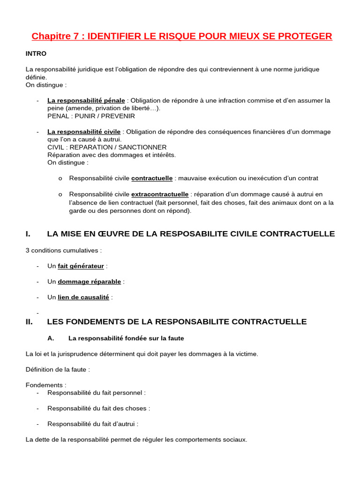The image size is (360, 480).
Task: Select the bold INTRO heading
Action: pyautogui.click(x=36, y=53)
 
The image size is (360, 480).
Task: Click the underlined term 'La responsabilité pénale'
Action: pyautogui.click(x=86, y=100)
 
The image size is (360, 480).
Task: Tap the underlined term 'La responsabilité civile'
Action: pyautogui.click(x=84, y=132)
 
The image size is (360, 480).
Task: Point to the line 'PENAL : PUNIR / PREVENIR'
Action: pyautogui.click(x=91, y=116)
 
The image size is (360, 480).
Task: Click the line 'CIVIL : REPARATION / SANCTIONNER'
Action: pyautogui.click(x=107, y=147)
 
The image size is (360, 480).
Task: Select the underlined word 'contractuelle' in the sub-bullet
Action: pyautogui.click(x=152, y=178)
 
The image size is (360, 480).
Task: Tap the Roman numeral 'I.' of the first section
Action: pyautogui.click(x=28, y=233)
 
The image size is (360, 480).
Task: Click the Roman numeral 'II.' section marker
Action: pyautogui.click(x=29, y=322)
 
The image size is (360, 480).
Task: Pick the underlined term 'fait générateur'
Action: pyautogui.click(x=81, y=266)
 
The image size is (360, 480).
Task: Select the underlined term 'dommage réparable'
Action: pyautogui.click(x=89, y=282)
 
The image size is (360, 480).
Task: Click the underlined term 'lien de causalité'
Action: pyautogui.click(x=83, y=297)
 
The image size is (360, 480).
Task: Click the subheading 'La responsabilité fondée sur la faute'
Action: pyautogui.click(x=126, y=338)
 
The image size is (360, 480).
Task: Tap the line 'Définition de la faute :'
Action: pyautogui.click(x=58, y=369)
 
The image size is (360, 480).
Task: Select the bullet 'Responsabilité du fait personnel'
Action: pyautogui.click(x=96, y=393)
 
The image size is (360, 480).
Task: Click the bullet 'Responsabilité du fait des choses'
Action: pyautogui.click(x=98, y=408)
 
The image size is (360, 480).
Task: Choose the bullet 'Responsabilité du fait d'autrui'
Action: pyautogui.click(x=92, y=424)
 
